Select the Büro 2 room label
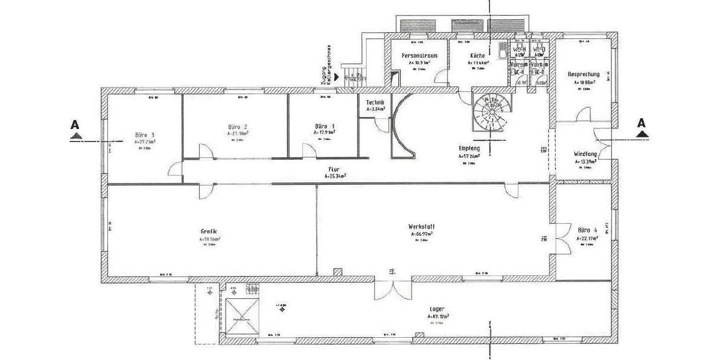tap(238, 127)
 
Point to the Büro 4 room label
tap(587, 230)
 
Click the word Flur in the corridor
tap(334, 170)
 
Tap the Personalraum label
tap(419, 55)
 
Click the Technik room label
tap(375, 103)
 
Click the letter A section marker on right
tap(641, 124)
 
